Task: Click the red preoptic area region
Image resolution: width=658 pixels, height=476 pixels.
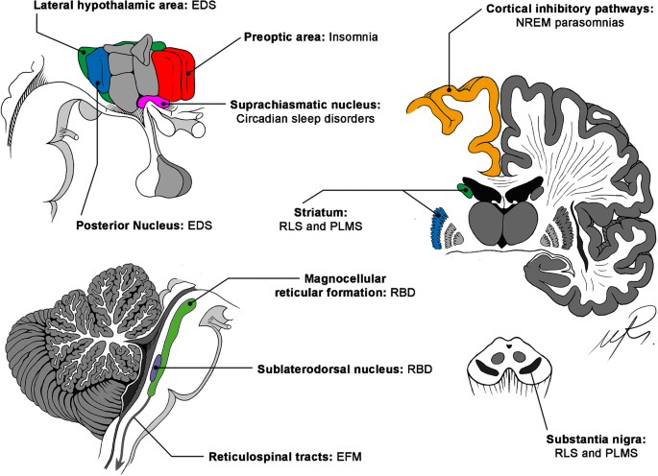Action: click(x=173, y=75)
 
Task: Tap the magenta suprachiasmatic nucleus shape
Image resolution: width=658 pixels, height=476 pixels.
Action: click(x=153, y=102)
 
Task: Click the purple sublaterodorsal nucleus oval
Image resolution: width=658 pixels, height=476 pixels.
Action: click(x=157, y=368)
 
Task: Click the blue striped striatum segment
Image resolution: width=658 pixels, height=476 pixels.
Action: click(x=438, y=227)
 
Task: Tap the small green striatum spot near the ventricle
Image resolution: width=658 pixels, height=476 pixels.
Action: click(x=465, y=190)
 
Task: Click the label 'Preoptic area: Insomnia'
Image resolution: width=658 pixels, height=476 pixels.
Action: click(x=311, y=36)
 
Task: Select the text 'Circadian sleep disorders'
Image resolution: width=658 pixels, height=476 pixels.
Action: click(x=305, y=119)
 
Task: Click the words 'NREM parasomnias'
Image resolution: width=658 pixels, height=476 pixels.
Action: click(x=570, y=22)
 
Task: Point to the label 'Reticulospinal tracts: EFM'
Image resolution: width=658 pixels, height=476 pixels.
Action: click(x=285, y=456)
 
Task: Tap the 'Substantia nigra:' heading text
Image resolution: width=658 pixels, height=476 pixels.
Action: click(x=596, y=440)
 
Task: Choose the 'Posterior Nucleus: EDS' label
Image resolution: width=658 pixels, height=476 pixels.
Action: click(x=144, y=226)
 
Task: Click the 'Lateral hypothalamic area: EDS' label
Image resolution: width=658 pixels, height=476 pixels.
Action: click(x=125, y=6)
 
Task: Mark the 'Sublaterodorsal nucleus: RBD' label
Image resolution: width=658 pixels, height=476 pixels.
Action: click(x=345, y=369)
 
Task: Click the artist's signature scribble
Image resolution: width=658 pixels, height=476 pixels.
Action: click(x=621, y=331)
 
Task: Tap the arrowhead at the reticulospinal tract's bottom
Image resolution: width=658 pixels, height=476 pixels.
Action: click(x=120, y=465)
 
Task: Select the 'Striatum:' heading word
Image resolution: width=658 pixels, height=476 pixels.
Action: click(x=321, y=212)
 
